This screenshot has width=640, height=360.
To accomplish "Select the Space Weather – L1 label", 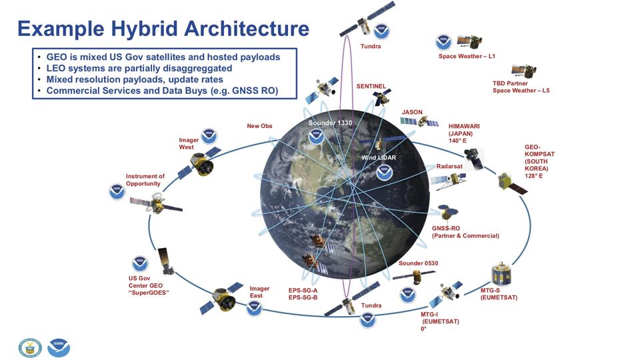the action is (x=467, y=56).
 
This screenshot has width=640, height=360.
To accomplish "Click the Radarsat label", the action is (x=449, y=166).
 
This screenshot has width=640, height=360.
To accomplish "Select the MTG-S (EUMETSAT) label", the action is (x=499, y=294).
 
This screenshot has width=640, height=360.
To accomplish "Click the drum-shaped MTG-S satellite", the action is (x=501, y=274).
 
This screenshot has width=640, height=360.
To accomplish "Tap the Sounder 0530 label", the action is (x=419, y=263).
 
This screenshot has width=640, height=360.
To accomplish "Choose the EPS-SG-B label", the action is (x=303, y=297).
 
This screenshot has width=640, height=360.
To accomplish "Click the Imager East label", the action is (x=259, y=292).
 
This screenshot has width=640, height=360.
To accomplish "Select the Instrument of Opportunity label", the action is (x=145, y=180).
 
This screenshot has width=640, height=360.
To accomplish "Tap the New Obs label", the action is (x=259, y=126).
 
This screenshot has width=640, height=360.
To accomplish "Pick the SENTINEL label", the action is (x=371, y=87).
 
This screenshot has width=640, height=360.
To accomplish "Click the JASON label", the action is (x=412, y=112).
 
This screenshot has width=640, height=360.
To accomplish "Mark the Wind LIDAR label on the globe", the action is (x=379, y=157).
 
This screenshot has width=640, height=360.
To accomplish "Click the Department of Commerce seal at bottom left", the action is (x=30, y=348).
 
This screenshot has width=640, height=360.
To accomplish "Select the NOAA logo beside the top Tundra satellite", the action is (x=381, y=31).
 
